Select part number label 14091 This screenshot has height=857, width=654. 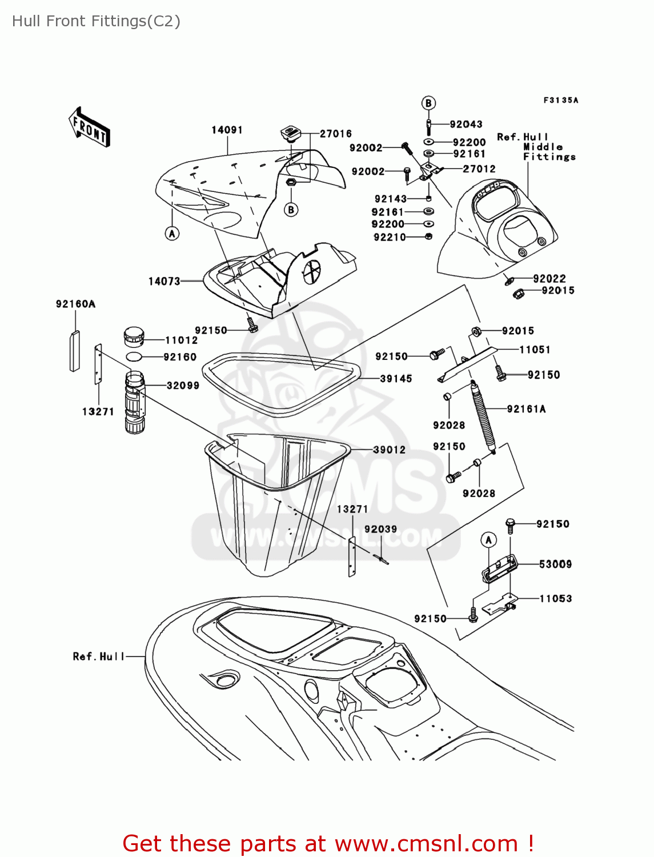[x=227, y=130]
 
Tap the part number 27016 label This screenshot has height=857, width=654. [x=335, y=134]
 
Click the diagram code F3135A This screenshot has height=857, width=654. [x=560, y=101]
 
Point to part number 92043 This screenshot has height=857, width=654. [x=466, y=125]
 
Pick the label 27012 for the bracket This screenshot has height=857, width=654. [x=479, y=169]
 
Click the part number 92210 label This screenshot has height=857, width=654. [x=390, y=237]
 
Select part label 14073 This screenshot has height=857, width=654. [x=164, y=281]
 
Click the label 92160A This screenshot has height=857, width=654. [x=75, y=304]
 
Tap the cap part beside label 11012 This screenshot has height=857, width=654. [x=134, y=337]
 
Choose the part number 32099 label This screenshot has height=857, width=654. [x=183, y=386]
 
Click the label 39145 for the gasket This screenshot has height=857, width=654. [x=396, y=379]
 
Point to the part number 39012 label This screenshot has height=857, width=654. [x=389, y=450]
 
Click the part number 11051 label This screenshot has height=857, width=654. [x=535, y=350]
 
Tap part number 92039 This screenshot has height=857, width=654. [x=380, y=530]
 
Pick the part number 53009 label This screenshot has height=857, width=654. [x=555, y=564]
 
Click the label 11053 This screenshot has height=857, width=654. [x=555, y=599]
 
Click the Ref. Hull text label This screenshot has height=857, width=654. [x=98, y=657]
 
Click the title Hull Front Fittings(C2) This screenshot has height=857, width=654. [x=96, y=21]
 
